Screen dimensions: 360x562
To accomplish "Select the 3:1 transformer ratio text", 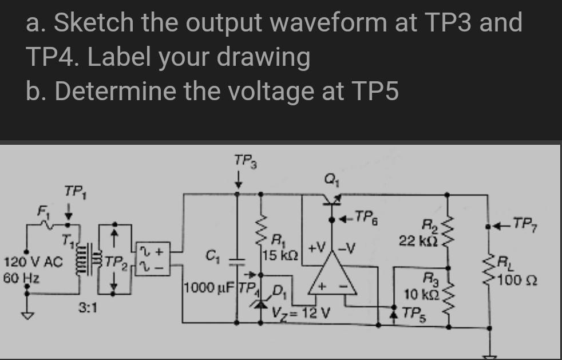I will [88, 308].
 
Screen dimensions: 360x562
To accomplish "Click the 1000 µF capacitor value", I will [208, 286].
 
